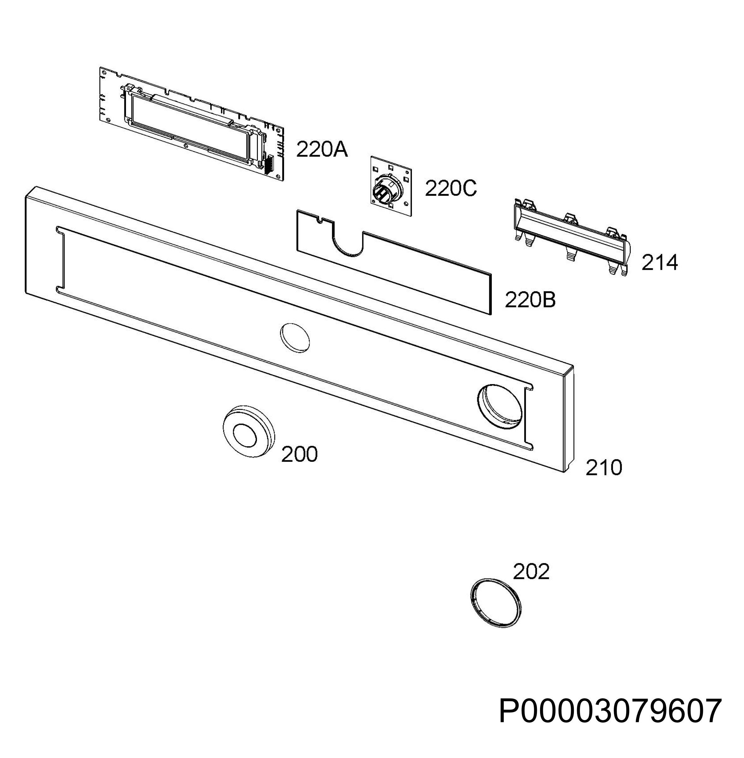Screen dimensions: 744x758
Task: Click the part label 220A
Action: (x=322, y=150)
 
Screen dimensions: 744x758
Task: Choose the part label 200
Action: (x=299, y=455)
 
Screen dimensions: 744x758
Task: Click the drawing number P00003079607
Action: (x=610, y=712)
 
